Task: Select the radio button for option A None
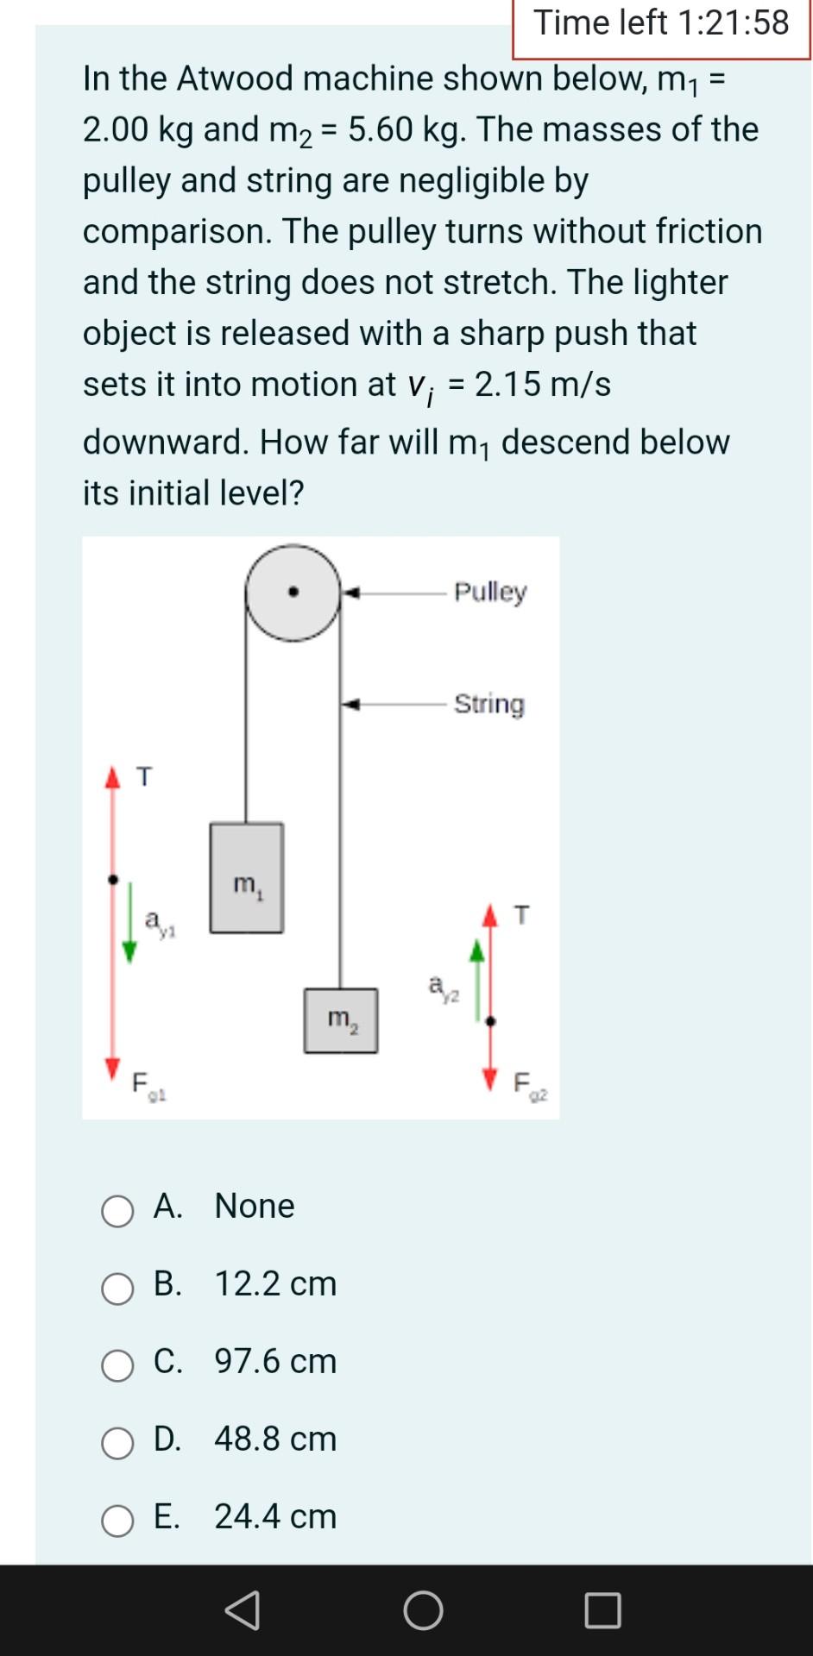click(x=117, y=1211)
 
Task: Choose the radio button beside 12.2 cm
click(x=117, y=1289)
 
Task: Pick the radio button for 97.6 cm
click(x=117, y=1366)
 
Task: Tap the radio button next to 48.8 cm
click(x=117, y=1443)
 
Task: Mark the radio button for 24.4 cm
click(x=117, y=1521)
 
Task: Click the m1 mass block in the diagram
click(x=247, y=878)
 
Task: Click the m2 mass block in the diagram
click(x=341, y=1020)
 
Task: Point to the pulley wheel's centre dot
click(x=293, y=593)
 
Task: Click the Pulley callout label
click(x=490, y=592)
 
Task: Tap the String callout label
click(x=489, y=704)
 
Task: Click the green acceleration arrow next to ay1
click(x=129, y=923)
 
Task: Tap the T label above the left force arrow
click(x=145, y=777)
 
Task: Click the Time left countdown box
click(x=661, y=24)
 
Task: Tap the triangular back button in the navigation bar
click(x=243, y=1609)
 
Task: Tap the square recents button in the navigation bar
click(x=602, y=1609)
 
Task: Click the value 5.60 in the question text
click(x=381, y=129)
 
